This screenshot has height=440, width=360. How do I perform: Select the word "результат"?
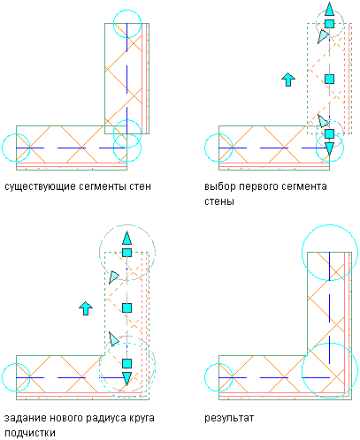pyautogui.click(x=229, y=419)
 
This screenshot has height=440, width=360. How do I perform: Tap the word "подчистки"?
pyautogui.click(x=30, y=433)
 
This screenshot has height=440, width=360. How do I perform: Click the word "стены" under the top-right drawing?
pyautogui.click(x=219, y=201)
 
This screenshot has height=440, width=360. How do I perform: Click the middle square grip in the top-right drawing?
pyautogui.click(x=329, y=79)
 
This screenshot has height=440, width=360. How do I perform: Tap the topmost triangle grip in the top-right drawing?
pyautogui.click(x=329, y=10)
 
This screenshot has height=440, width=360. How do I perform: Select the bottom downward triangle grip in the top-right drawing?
pyautogui.click(x=329, y=148)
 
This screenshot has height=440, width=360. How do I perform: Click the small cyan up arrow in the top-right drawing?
pyautogui.click(x=288, y=80)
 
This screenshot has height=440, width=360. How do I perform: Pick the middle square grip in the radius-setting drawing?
pyautogui.click(x=126, y=308)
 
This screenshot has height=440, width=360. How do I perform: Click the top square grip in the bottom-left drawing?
pyautogui.click(x=126, y=253)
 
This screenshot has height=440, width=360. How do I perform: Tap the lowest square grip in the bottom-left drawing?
pyautogui.click(x=126, y=363)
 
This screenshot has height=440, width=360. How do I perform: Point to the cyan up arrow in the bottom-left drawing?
pyautogui.click(x=86, y=308)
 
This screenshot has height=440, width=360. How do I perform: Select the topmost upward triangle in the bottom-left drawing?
pyautogui.click(x=126, y=238)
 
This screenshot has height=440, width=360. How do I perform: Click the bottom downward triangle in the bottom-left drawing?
pyautogui.click(x=126, y=378)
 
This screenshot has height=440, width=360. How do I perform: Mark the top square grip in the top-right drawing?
pyautogui.click(x=329, y=24)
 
